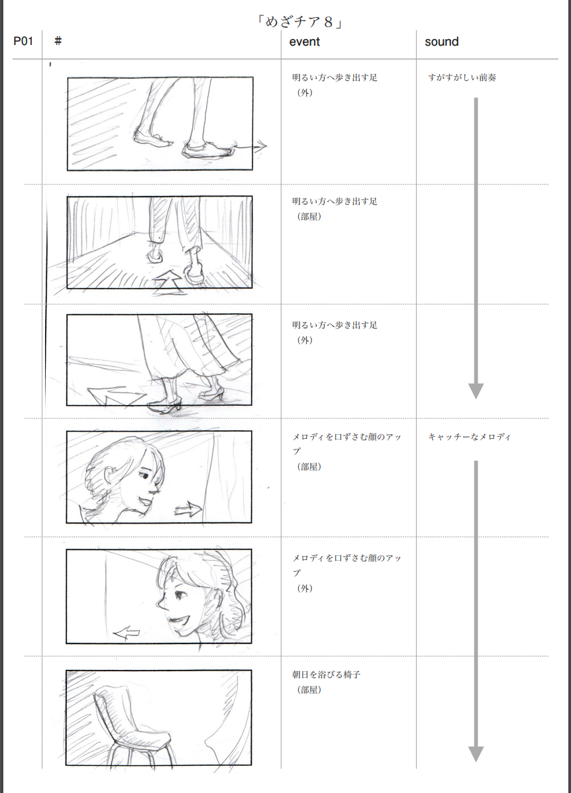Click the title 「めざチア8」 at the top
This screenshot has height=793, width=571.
[x=299, y=23]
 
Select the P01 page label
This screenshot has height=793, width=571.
[x=23, y=41]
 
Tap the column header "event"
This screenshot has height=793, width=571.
[x=304, y=42]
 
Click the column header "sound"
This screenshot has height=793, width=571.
[x=441, y=42]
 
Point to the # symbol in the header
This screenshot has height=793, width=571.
[x=58, y=41]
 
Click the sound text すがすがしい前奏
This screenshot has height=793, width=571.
[x=462, y=77]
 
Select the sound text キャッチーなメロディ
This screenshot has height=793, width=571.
[x=469, y=437]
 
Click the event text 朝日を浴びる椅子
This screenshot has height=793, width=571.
[x=326, y=674]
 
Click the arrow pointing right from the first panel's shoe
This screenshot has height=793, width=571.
[x=250, y=147]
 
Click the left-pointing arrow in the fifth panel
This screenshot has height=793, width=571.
[x=126, y=632]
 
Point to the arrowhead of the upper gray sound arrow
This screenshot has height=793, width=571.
[x=476, y=391]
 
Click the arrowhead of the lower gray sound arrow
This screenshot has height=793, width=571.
[x=476, y=754]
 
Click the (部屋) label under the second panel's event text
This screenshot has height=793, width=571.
[x=309, y=216]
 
